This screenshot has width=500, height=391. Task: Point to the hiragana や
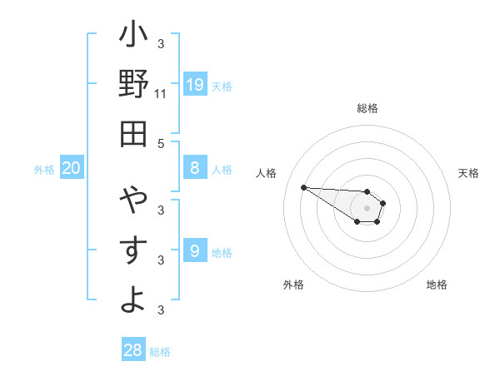133,200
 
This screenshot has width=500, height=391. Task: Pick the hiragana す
133,250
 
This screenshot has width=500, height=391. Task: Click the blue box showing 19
195,85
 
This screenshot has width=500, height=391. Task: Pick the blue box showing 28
133,350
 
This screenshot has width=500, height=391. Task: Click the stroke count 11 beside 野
161,94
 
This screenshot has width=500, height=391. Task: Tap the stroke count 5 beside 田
161,143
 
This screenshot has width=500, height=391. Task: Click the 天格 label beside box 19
222,86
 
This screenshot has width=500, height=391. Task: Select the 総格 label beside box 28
160,352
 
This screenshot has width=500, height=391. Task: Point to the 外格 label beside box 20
44,170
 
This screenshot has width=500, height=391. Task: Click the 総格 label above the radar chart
367,108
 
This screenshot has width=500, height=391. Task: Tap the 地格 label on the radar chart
437,285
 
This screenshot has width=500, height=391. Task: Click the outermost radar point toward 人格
303,187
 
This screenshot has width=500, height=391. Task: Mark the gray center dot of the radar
367,207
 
